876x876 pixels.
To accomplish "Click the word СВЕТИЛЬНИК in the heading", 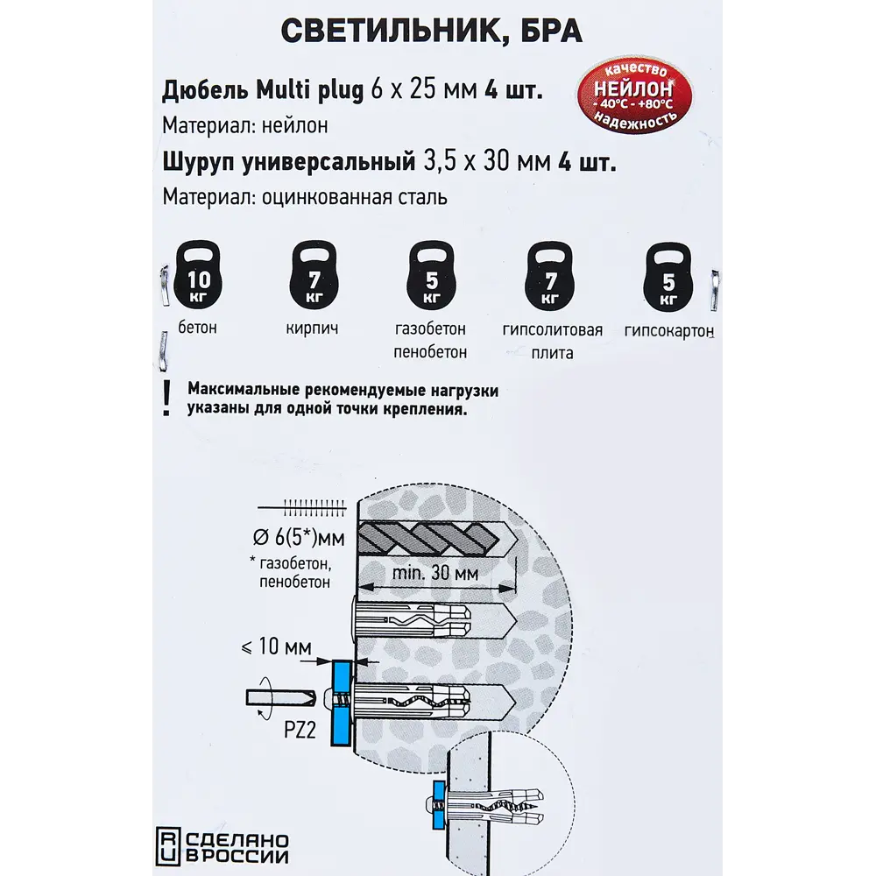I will [x=385, y=32].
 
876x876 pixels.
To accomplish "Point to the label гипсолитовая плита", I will [x=552, y=342].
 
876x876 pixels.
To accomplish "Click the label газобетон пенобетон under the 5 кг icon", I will [x=430, y=341].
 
